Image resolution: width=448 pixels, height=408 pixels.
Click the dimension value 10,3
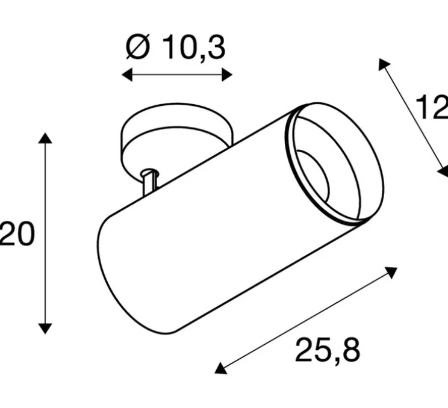(193, 49)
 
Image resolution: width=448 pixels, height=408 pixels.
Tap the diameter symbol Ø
(138, 48)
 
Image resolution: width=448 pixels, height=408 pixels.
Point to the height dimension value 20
(17, 234)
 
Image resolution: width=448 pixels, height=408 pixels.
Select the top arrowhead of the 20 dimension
(45, 138)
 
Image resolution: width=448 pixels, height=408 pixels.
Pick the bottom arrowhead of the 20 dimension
(45, 328)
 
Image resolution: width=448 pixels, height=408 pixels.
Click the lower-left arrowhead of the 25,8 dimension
(220, 368)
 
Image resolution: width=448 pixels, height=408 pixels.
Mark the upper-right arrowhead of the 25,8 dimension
(392, 272)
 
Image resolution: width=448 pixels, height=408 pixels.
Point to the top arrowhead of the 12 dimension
(383, 64)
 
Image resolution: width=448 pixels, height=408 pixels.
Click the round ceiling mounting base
(175, 129)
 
